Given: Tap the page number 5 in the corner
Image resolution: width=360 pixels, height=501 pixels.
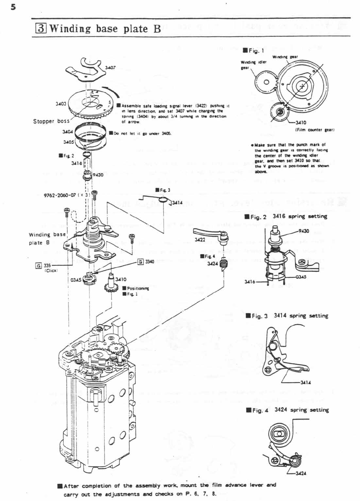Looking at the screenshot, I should point(13,7).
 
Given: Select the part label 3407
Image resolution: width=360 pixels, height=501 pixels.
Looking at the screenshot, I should point(110,67).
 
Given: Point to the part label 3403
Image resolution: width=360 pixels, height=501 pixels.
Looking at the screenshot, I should point(61,103).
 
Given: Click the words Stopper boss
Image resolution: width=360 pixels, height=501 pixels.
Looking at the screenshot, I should point(51,121).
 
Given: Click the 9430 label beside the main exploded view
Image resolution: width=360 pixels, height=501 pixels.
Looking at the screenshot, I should point(98,175).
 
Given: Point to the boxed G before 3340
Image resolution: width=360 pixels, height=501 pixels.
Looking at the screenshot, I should point(140,262).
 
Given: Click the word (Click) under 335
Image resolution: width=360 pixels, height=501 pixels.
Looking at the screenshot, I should point(51,271).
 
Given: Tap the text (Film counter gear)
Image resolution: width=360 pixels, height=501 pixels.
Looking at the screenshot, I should point(315,130).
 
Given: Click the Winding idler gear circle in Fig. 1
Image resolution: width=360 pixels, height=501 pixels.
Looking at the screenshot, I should point(266,82).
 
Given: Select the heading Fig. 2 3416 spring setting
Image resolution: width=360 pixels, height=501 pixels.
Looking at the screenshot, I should point(286,216).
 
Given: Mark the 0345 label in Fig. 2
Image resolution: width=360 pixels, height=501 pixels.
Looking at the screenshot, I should point(301,277).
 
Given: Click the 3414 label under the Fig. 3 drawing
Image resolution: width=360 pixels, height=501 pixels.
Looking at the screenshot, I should point(306,382).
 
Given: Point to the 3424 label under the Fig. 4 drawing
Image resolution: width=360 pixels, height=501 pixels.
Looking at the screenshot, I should point(301,473).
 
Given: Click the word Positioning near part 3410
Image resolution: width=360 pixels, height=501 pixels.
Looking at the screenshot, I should point(138,288).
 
